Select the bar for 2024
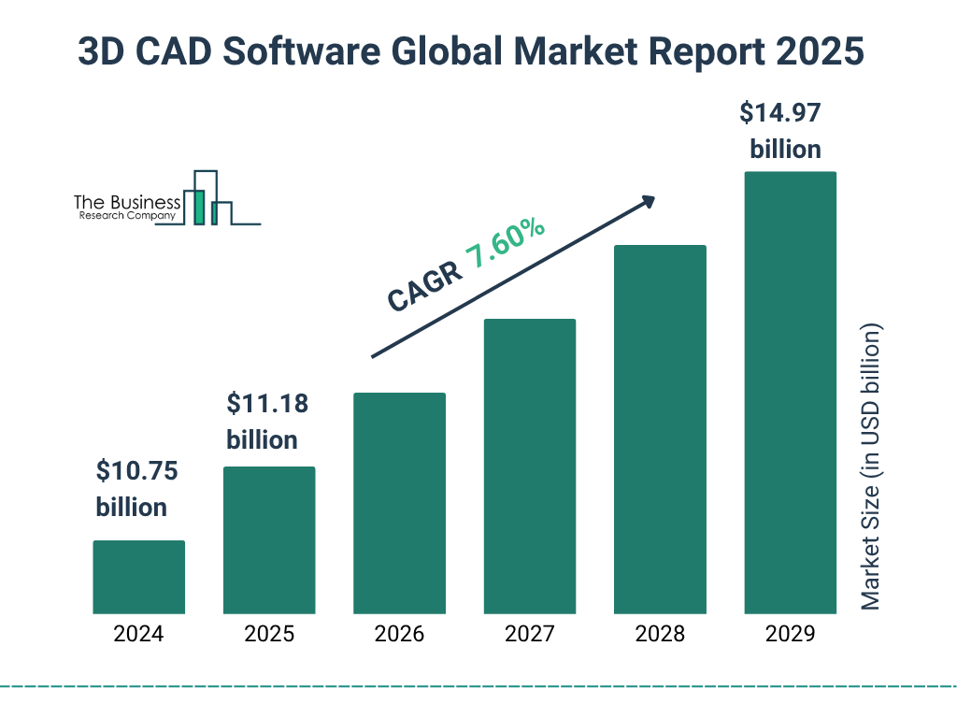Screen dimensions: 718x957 (138, 577)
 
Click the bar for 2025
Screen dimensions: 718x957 (269, 539)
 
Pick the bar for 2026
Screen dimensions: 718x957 (399, 503)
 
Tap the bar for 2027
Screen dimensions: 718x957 (529, 466)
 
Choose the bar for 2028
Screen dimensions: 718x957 (660, 429)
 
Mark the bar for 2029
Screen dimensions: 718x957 (790, 393)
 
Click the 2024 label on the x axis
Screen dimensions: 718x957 (138, 634)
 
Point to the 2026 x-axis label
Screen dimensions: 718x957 (399, 634)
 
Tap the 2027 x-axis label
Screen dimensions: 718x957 (529, 634)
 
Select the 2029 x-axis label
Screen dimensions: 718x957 (790, 634)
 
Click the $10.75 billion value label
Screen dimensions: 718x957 (137, 489)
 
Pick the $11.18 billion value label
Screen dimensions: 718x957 (268, 422)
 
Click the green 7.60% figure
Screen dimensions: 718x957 (506, 245)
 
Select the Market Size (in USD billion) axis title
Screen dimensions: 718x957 (871, 467)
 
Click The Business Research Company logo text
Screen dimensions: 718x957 (127, 208)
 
